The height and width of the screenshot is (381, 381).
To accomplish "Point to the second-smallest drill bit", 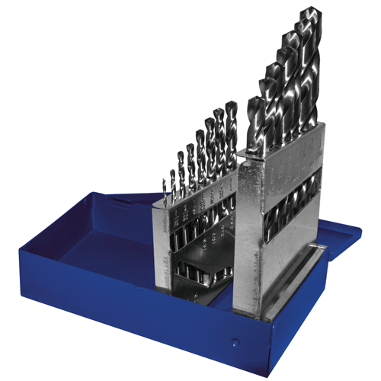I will (x=173, y=178).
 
